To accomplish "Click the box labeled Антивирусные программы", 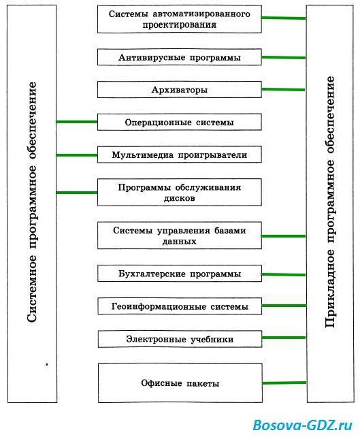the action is [x=180, y=57].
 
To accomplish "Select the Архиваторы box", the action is [x=180, y=90].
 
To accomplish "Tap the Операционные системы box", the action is [x=180, y=122].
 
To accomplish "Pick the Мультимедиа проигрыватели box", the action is [x=180, y=155].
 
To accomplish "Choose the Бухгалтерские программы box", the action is [x=180, y=274].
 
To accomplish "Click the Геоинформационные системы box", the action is [x=180, y=306].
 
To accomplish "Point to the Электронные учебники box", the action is [x=180, y=339].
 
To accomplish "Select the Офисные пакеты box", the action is [x=180, y=383].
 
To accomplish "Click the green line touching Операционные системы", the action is [x=77, y=122].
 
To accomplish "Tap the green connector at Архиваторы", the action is [x=283, y=90].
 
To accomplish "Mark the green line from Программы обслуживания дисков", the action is [x=77, y=193].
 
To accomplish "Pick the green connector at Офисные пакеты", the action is [x=284, y=383].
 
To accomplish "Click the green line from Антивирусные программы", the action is [x=284, y=57].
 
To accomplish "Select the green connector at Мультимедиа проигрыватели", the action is [x=77, y=155].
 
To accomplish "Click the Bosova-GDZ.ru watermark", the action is [x=302, y=425].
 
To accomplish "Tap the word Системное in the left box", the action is [x=31, y=289].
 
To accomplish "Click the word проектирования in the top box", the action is [x=180, y=25].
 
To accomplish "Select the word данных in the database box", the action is [x=180, y=242].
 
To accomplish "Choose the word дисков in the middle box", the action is [x=180, y=198].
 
